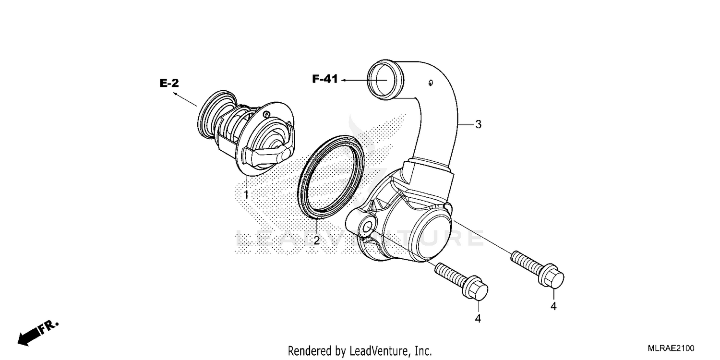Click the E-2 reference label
coord(169,84)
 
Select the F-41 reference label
coord(325,80)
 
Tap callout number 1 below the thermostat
coord(246,195)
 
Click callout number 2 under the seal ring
coord(316,240)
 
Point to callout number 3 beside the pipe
coord(478,125)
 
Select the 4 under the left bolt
coord(478,318)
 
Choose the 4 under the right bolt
coord(553,306)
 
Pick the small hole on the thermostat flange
coord(265,114)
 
